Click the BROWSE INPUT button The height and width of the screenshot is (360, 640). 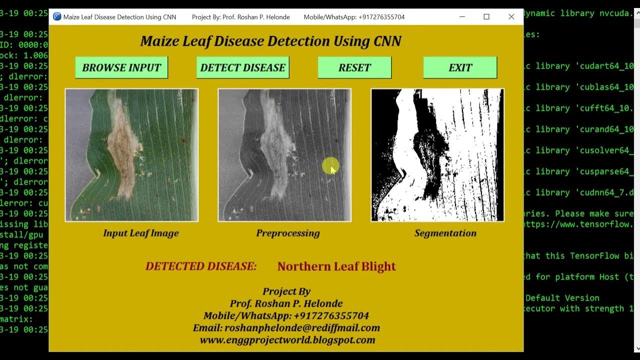coord(121,67)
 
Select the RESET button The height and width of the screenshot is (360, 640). coord(354,67)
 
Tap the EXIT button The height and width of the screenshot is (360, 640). coord(460,67)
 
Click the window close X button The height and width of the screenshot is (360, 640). coord(511,16)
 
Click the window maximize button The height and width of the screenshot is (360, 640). coord(486,16)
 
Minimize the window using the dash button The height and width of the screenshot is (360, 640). coord(462,16)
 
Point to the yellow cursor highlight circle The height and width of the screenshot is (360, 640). coord(330,166)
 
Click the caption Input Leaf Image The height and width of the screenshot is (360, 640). coord(140,233)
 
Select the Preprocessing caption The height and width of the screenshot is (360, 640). coord(287,233)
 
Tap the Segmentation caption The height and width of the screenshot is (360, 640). coord(445,233)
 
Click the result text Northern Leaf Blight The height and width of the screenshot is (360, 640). coord(336,266)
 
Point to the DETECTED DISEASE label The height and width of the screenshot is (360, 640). coord(201,266)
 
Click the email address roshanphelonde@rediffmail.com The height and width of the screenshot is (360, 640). coord(286,328)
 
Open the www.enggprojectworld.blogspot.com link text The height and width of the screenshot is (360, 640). coord(287,340)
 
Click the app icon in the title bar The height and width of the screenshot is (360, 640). coord(57,16)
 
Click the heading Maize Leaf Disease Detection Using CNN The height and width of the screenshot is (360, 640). coord(270,41)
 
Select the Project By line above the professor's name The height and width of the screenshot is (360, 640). coord(286,291)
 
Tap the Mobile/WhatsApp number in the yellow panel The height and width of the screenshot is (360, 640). coord(286,316)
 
